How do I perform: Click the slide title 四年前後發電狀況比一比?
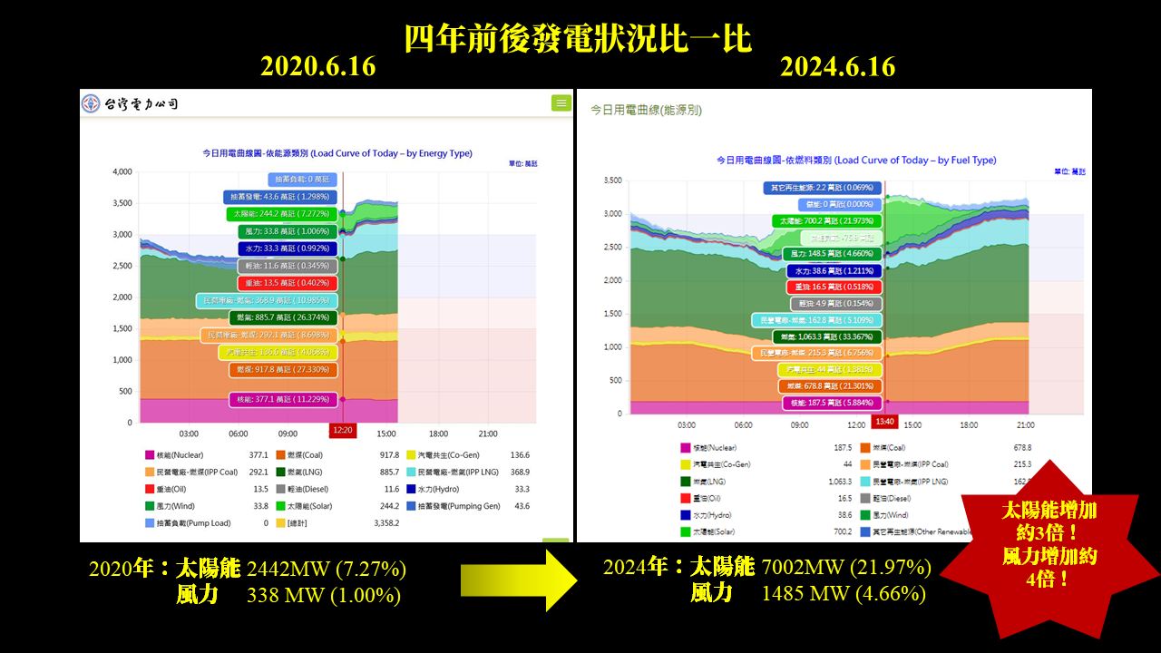(x=578, y=39)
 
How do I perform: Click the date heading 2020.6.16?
(x=317, y=67)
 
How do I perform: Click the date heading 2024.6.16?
(x=837, y=67)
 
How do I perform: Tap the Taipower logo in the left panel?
(x=129, y=104)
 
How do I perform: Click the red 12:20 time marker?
(x=343, y=430)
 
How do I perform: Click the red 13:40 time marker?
(x=884, y=422)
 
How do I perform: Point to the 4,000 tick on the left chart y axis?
(x=122, y=171)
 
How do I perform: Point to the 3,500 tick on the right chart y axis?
(x=611, y=181)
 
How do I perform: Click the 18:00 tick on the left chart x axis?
(x=438, y=434)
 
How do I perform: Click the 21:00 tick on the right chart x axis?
(x=1025, y=424)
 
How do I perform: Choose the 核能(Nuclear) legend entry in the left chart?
(x=173, y=455)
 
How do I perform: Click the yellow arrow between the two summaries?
(x=518, y=581)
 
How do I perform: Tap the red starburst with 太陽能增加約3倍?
(x=1049, y=544)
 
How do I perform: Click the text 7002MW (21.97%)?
(x=846, y=568)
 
